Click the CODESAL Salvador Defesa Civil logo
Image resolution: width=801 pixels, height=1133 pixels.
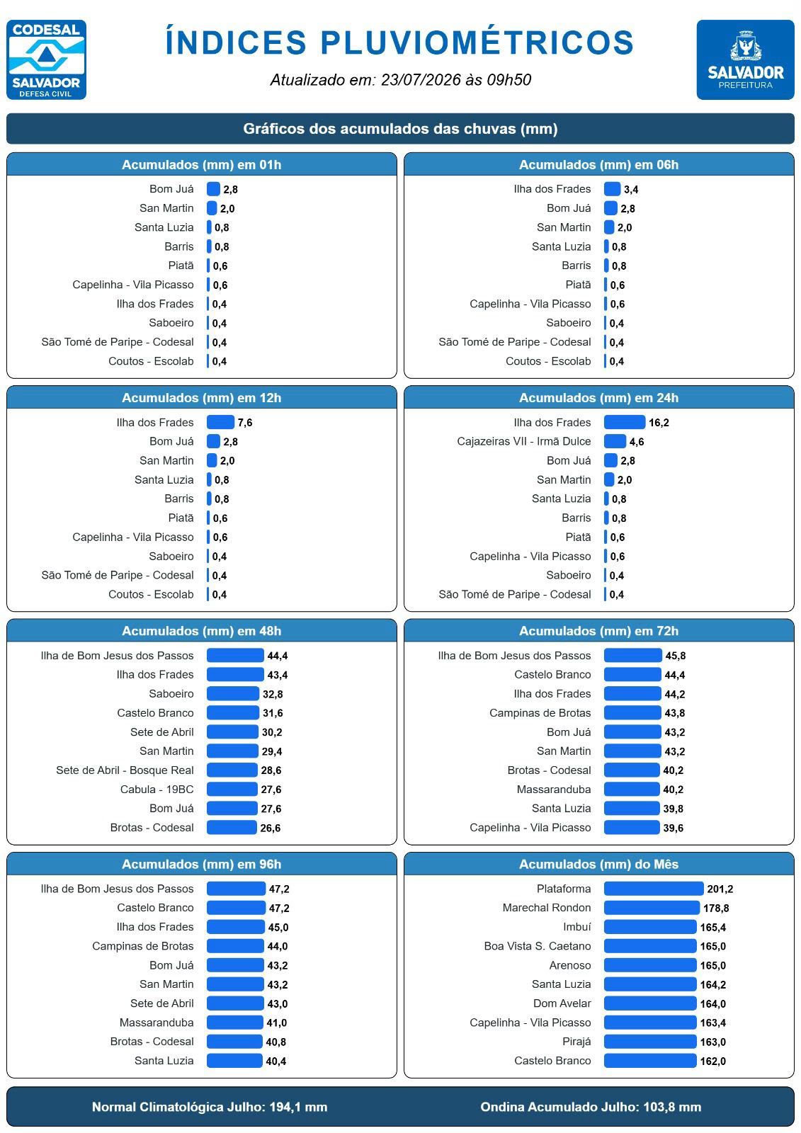click(x=46, y=59)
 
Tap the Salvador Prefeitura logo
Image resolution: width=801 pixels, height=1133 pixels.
click(x=745, y=59)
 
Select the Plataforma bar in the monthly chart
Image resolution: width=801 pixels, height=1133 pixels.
click(x=653, y=889)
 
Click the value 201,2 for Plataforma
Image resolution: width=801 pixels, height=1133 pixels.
click(x=720, y=889)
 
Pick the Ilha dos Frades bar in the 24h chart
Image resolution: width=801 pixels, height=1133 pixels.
click(x=625, y=422)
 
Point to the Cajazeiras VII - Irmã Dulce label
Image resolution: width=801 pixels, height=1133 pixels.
click(x=523, y=442)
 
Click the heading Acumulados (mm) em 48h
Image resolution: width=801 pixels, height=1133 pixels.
click(x=201, y=631)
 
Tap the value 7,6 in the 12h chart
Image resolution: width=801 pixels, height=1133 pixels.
click(x=245, y=423)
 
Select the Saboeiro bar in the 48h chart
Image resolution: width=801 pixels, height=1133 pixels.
click(x=233, y=694)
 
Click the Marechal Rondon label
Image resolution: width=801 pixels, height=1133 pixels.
click(x=547, y=908)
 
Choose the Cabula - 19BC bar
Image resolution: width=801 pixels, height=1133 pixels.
click(x=232, y=790)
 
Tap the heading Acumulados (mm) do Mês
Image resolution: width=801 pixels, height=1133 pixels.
click(x=598, y=865)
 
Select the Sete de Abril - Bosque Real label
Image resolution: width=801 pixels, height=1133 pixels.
click(x=125, y=770)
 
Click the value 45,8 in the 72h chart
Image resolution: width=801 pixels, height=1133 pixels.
click(x=676, y=656)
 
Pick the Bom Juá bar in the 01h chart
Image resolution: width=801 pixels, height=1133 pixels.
click(x=214, y=189)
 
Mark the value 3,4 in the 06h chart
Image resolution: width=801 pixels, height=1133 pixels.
click(x=631, y=190)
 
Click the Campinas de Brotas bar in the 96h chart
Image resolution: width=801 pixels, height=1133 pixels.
click(x=235, y=946)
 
